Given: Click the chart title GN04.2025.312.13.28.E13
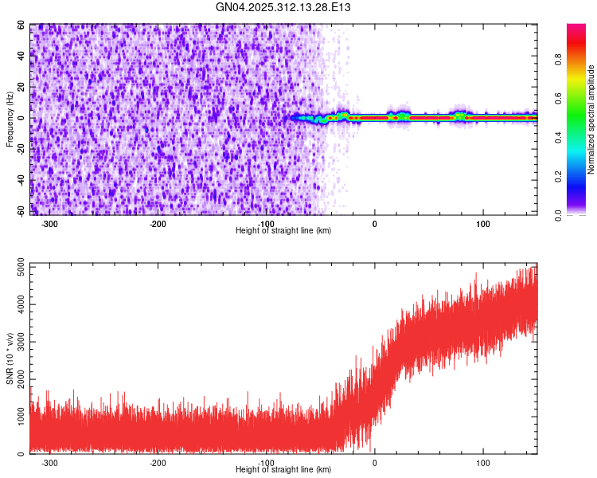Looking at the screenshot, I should (283, 7).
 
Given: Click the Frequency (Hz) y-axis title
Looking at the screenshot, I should (10, 119).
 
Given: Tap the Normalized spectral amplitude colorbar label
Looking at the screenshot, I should (591, 119).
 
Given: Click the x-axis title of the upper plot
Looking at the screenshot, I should (283, 230).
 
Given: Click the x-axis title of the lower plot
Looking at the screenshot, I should (283, 469).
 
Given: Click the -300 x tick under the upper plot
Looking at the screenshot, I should (49, 223).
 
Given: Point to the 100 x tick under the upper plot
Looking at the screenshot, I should (482, 223).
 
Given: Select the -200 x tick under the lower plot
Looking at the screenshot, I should (158, 462).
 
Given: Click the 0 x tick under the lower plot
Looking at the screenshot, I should (374, 462).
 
